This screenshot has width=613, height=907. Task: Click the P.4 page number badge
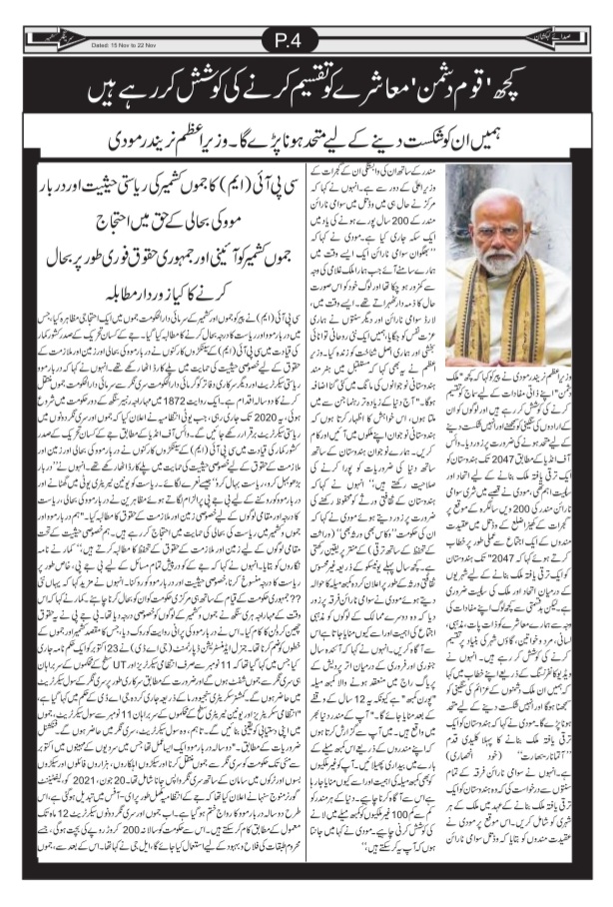306,41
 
